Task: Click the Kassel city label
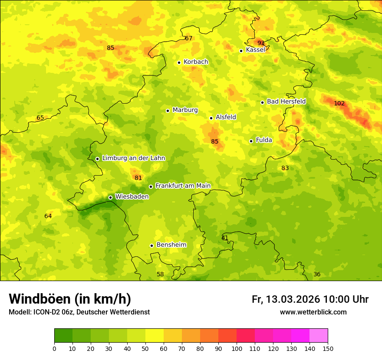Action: [255, 50]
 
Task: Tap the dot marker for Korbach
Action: [179, 62]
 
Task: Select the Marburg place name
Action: [185, 110]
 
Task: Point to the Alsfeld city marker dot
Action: [211, 118]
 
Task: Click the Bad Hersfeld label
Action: [286, 101]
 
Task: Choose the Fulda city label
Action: [264, 140]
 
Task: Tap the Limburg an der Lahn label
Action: [133, 158]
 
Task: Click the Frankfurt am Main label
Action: [183, 186]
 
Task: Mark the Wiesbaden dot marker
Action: [110, 197]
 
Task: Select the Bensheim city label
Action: [171, 245]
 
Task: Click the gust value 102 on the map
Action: [339, 104]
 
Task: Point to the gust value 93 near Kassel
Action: [261, 43]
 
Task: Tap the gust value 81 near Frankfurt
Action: [138, 178]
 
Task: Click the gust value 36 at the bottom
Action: [317, 274]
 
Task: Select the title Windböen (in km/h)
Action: [69, 299]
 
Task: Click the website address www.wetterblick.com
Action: [313, 312]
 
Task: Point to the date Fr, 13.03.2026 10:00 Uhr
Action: [310, 299]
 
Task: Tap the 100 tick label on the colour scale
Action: [237, 348]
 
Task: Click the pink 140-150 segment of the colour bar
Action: [319, 336]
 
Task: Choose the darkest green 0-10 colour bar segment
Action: [63, 336]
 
